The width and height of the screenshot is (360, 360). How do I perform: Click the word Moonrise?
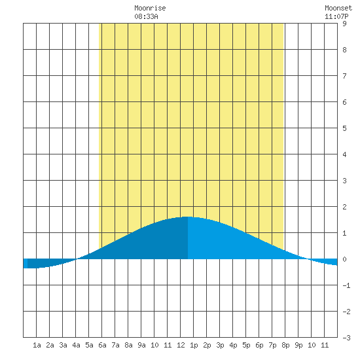[150, 8]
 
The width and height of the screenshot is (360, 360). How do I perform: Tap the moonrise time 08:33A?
[146, 16]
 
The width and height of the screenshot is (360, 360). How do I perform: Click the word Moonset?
[338, 8]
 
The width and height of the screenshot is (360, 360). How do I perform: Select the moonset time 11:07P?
[336, 16]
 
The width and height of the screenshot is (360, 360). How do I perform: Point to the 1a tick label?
[37, 345]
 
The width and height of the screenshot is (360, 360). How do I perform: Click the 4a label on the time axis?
[76, 345]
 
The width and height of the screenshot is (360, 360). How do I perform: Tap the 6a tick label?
[102, 345]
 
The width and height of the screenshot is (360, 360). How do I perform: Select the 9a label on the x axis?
[141, 345]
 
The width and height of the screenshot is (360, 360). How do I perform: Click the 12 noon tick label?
[181, 345]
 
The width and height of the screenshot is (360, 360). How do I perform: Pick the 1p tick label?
[194, 345]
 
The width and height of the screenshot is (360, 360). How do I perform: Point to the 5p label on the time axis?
[246, 345]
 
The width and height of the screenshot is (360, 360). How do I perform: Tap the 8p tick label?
[285, 345]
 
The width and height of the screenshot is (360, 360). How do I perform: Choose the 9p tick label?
[298, 345]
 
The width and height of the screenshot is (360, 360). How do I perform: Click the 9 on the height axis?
[344, 24]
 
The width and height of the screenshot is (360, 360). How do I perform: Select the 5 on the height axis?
[344, 128]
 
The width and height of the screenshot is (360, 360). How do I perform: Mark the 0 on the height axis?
[344, 259]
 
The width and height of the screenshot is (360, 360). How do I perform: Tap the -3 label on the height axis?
[346, 338]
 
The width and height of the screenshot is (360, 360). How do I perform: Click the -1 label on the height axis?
[346, 285]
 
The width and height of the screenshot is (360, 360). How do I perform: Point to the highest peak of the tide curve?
[188, 217]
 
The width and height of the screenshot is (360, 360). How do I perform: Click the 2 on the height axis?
[344, 207]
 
